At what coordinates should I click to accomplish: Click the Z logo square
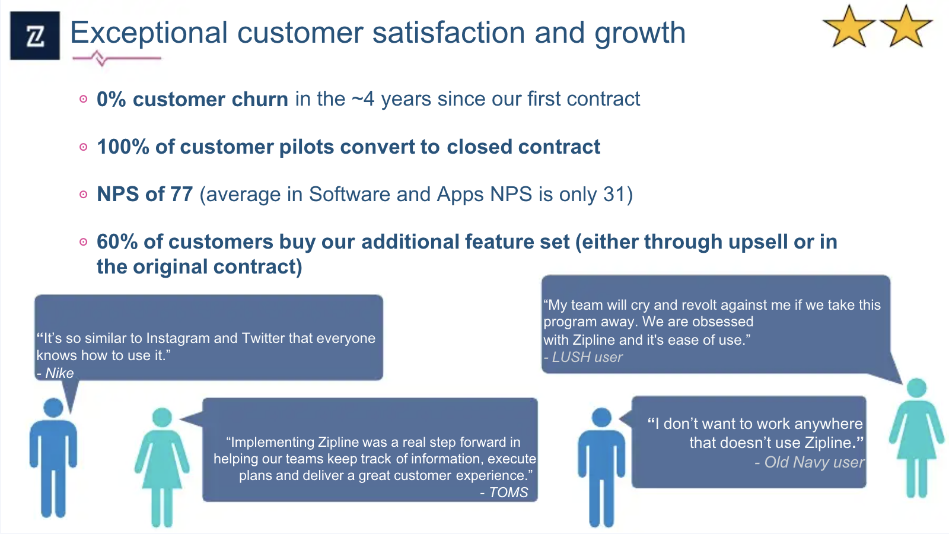point(35,36)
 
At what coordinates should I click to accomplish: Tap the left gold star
point(849,27)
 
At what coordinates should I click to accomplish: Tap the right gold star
point(906,27)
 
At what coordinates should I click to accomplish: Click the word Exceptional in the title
point(149,33)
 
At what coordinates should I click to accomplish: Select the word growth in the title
point(640,33)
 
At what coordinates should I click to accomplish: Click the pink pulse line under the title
point(116,58)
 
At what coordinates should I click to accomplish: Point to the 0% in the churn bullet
point(111,99)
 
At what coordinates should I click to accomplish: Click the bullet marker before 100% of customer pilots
point(84,147)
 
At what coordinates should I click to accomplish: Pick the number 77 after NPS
point(181,194)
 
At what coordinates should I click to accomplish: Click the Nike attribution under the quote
point(55,373)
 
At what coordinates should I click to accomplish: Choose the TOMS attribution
point(504,492)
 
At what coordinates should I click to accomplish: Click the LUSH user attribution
point(583,357)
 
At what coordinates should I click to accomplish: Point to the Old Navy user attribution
point(809,462)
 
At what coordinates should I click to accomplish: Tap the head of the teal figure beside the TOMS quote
point(162,418)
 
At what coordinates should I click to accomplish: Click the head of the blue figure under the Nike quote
point(53,408)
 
